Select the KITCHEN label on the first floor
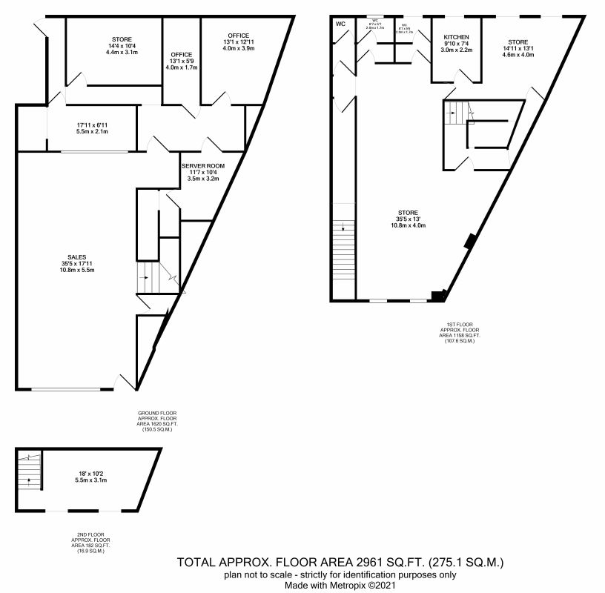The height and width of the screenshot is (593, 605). [x=457, y=37]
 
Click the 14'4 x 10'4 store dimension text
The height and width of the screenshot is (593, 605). [x=122, y=46]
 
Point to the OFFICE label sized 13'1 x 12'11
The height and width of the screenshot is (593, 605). [x=238, y=35]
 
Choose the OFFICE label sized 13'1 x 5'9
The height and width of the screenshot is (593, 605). [x=182, y=55]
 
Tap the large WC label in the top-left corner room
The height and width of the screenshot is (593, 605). [x=340, y=24]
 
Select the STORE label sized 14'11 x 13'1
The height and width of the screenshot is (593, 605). [x=518, y=42]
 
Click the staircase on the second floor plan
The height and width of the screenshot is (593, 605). [x=29, y=477]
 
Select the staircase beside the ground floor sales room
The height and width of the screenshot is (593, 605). [x=149, y=279]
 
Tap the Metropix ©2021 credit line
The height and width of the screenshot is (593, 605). [x=340, y=586]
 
